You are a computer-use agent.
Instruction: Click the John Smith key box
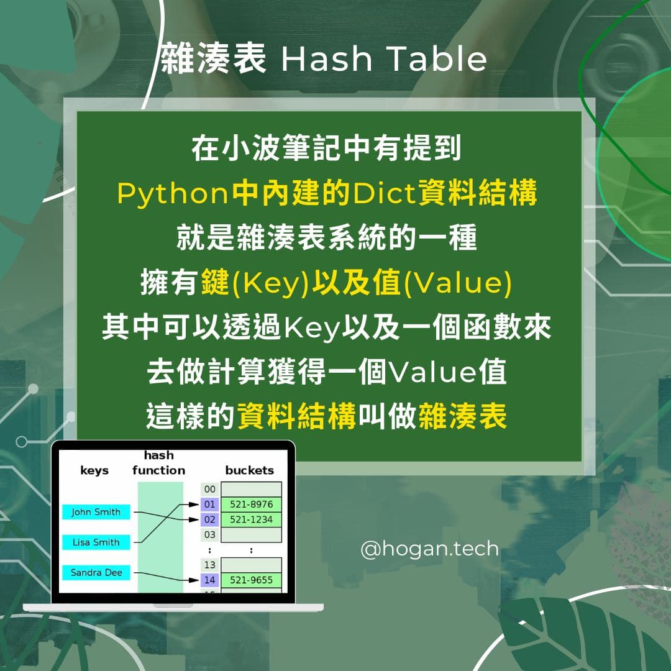(x=96, y=512)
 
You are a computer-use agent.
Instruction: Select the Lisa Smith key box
(x=96, y=542)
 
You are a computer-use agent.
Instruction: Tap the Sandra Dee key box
(x=96, y=572)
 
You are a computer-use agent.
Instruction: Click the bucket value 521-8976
(x=251, y=504)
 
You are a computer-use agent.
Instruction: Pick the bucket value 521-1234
(x=251, y=519)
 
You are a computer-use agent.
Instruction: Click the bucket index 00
(x=209, y=490)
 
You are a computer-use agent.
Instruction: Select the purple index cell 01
(x=209, y=504)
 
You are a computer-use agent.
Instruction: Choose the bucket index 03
(x=209, y=534)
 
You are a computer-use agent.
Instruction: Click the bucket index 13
(x=209, y=565)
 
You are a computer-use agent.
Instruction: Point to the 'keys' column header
(x=94, y=470)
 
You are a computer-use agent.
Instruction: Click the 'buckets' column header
(x=249, y=470)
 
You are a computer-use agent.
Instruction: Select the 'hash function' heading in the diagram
(x=159, y=463)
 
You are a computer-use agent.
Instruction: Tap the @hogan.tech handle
(x=429, y=549)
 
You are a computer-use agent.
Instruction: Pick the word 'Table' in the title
(x=437, y=60)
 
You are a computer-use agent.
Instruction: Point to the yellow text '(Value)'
(x=459, y=283)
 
